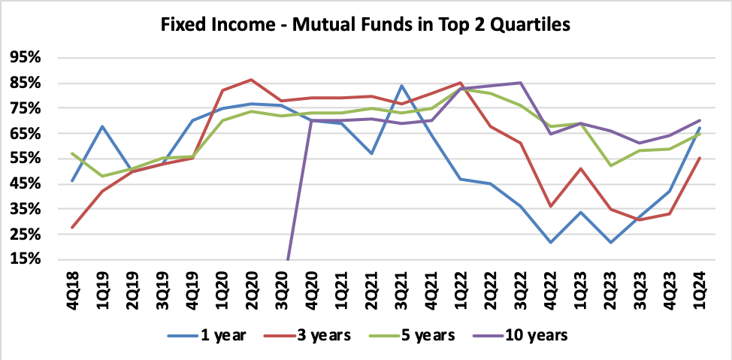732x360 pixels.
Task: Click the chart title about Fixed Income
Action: (x=366, y=25)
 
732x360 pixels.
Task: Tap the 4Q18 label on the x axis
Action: (x=72, y=289)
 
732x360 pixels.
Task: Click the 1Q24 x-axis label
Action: (x=697, y=289)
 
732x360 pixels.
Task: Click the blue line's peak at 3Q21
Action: (x=402, y=86)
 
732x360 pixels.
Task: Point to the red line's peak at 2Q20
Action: (x=250, y=80)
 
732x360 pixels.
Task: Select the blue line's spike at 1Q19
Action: (x=101, y=126)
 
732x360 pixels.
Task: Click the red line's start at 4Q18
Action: (x=72, y=227)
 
